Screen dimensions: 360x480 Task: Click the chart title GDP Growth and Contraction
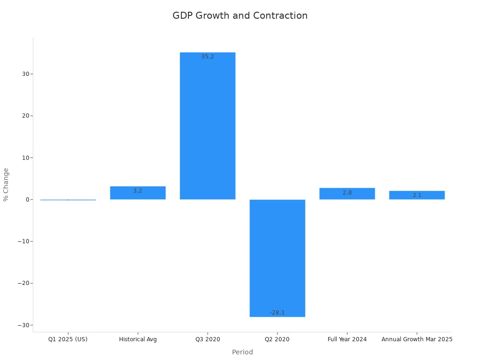[x=240, y=16]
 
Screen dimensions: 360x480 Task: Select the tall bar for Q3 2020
[x=208, y=127]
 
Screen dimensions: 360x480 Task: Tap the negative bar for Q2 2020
[x=277, y=258]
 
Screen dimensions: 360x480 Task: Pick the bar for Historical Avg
[x=138, y=193]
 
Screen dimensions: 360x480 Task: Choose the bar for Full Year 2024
[x=347, y=194]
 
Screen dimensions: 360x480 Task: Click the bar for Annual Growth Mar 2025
[x=417, y=195]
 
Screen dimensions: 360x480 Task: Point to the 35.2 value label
[x=208, y=57]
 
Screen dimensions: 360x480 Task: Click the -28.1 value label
[x=277, y=313]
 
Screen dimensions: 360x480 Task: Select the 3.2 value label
[x=138, y=191]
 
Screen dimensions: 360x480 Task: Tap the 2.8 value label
[x=347, y=193]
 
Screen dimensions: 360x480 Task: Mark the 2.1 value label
[x=417, y=195]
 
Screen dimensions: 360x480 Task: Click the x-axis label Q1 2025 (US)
[x=68, y=339]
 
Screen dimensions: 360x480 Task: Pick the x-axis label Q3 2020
[x=208, y=339]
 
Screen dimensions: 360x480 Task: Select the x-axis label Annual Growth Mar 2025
[x=417, y=339]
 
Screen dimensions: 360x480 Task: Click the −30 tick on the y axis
[x=23, y=325]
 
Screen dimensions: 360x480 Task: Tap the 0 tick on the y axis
[x=27, y=200]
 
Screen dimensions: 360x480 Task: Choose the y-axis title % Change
[x=6, y=184]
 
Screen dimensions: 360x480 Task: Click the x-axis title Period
[x=242, y=352]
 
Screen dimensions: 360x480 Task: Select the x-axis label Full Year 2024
[x=347, y=339]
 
